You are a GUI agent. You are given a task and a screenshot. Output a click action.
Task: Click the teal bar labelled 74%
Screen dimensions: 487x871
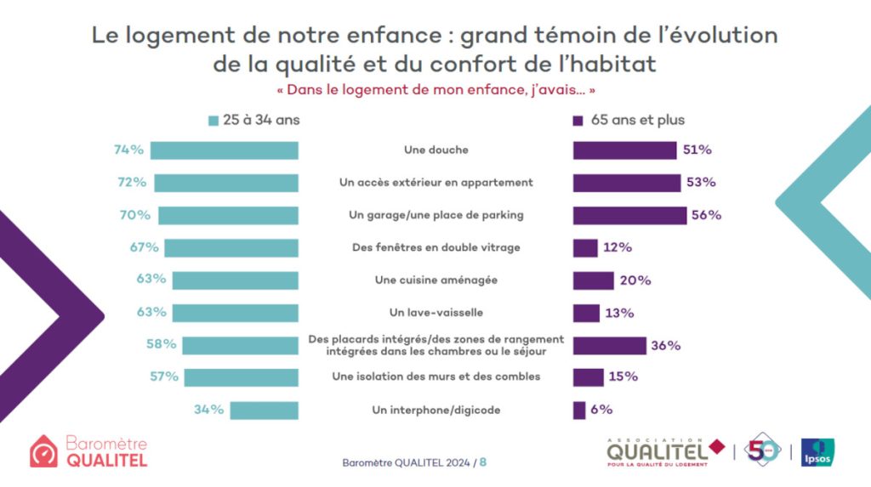pos(224,150)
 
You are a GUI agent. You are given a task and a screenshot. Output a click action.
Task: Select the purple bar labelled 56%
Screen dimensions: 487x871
pos(629,215)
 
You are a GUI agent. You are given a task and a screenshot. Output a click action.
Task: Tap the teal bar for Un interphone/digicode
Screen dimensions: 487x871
pos(265,410)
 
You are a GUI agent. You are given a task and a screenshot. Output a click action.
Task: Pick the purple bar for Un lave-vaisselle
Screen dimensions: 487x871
pos(586,313)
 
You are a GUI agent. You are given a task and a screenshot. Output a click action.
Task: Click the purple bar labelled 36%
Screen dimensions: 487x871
pos(609,345)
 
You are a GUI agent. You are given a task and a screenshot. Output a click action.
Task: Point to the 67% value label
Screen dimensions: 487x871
pos(145,247)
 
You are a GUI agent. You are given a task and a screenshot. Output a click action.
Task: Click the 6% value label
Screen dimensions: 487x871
pos(601,410)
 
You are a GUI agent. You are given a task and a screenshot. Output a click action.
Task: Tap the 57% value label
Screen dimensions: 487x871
pos(164,377)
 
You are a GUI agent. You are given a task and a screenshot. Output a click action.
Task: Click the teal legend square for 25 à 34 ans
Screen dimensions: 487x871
pos(213,121)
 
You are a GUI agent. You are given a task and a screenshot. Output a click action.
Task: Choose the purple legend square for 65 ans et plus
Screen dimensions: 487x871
pos(578,121)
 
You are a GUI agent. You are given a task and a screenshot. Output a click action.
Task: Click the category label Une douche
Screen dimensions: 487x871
pos(436,150)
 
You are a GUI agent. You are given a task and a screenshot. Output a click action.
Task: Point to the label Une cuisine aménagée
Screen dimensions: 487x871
pos(436,280)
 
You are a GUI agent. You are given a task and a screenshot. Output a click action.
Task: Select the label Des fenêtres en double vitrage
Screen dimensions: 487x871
pos(436,247)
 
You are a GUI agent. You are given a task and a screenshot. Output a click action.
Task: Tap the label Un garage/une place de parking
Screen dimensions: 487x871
pos(436,215)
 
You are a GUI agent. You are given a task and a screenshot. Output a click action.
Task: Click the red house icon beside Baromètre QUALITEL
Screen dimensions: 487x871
pos(43,452)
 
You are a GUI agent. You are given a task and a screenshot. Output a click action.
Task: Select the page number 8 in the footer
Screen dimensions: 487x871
pos(483,462)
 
